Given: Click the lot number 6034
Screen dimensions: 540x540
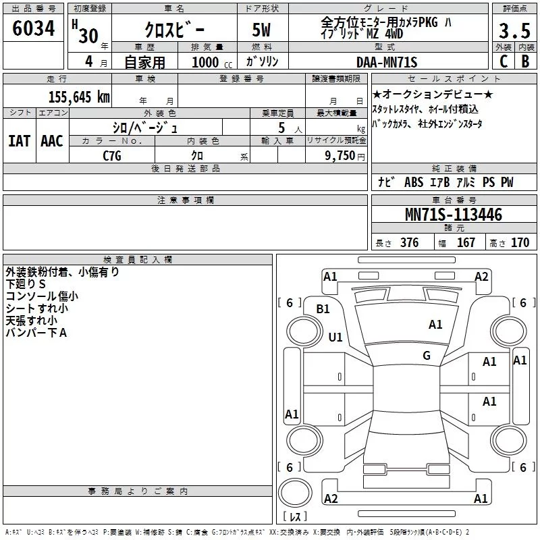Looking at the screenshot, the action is [33, 28].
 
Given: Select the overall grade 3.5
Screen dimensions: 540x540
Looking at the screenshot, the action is [514, 30].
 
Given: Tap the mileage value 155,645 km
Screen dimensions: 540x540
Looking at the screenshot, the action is [79, 97].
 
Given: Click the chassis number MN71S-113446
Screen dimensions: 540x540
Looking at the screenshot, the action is [454, 215].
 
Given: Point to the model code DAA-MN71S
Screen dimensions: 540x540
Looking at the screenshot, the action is [387, 62].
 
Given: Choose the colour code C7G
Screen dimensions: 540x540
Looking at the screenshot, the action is [112, 156].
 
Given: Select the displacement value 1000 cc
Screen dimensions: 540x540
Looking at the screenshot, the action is [212, 62].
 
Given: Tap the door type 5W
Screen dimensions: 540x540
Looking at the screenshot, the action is [261, 30].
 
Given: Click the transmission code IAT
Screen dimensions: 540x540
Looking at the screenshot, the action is [19, 141].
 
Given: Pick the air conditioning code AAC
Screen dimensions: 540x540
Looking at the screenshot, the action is [52, 141].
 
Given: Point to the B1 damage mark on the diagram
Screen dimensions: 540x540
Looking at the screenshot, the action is [323, 309].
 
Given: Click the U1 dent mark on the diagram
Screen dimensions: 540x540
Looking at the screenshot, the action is [335, 337].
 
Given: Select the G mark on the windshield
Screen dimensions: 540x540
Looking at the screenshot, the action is [427, 355].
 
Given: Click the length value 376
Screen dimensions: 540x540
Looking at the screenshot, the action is [410, 242].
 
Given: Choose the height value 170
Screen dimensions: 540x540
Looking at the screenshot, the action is [520, 242].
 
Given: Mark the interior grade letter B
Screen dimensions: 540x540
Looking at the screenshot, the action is [525, 61].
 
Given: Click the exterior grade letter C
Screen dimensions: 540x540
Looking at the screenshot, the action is [504, 61].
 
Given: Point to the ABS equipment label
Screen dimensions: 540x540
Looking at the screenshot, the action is [414, 182].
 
